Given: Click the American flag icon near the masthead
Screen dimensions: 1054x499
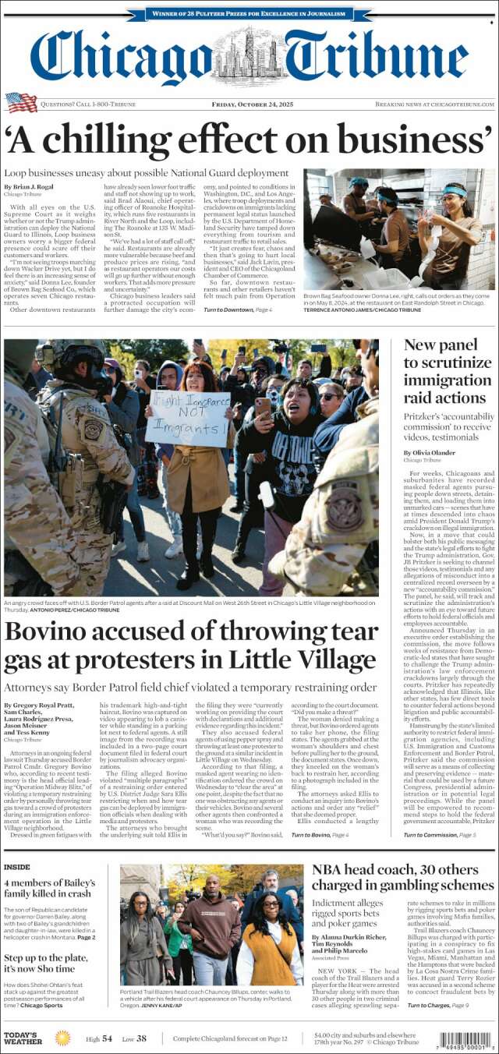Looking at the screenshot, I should click(21, 102).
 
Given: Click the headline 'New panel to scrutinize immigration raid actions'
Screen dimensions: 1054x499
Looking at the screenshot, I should click(445, 371).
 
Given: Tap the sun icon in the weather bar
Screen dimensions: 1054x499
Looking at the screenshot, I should click(62, 1038).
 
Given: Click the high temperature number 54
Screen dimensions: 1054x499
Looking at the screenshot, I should click(107, 1038).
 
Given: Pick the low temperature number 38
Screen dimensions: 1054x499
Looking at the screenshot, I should click(140, 1038).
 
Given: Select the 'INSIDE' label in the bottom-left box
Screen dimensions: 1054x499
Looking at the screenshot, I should click(17, 866).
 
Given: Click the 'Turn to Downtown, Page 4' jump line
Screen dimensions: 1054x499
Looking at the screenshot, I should click(238, 310).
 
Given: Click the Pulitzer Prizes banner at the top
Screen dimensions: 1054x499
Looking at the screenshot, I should click(249, 13).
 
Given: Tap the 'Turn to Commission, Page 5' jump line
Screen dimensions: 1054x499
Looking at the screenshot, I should click(440, 836).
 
